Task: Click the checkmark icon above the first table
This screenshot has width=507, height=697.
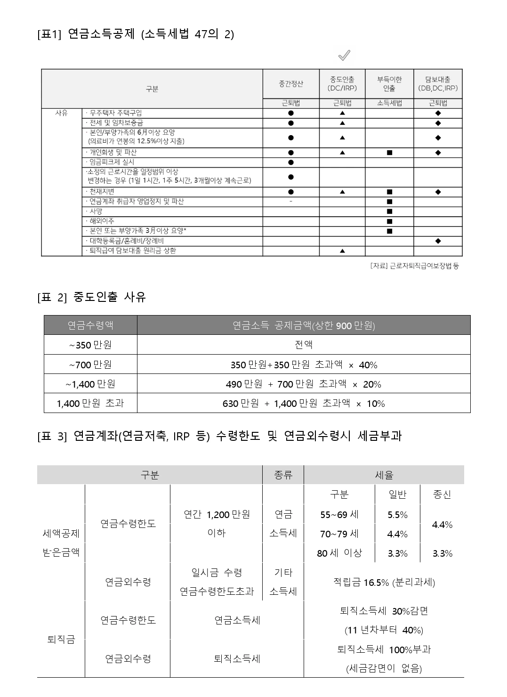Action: (x=344, y=56)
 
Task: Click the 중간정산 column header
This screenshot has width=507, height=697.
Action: (x=290, y=84)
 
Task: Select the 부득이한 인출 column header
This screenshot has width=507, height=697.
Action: (x=389, y=84)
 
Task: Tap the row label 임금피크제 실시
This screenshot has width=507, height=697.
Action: (x=112, y=162)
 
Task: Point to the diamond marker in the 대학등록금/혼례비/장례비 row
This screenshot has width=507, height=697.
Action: (x=438, y=241)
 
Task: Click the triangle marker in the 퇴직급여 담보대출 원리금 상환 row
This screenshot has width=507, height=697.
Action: (x=342, y=251)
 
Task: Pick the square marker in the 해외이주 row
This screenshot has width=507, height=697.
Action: (x=389, y=221)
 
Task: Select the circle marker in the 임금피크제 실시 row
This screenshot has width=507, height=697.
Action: (x=290, y=162)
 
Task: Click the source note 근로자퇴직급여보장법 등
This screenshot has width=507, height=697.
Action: (x=414, y=266)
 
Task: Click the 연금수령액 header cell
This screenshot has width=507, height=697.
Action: (x=90, y=325)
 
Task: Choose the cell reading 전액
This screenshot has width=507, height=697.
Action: (x=304, y=345)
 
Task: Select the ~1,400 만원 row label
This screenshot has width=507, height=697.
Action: (x=90, y=384)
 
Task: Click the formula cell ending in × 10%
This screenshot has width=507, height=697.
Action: (x=304, y=404)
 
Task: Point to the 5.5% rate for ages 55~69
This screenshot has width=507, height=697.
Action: (x=397, y=515)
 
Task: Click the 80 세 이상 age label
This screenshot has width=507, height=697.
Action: (x=339, y=553)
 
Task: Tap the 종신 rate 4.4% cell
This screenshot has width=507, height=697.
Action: (x=442, y=525)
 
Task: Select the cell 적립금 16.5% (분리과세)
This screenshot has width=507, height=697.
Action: (x=384, y=583)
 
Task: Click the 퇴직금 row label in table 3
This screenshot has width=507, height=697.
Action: (x=61, y=640)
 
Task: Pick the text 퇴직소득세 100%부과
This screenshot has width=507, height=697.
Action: (x=384, y=649)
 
